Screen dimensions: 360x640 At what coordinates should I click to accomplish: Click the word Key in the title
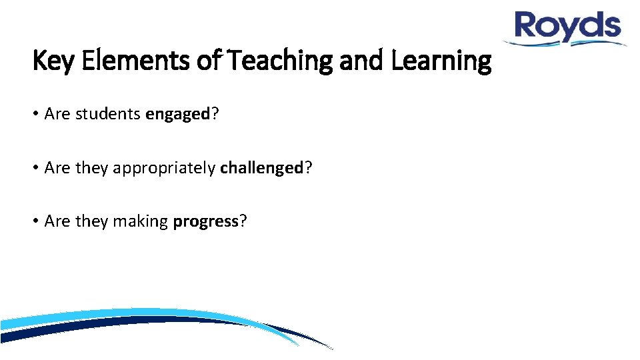pyautogui.click(x=48, y=61)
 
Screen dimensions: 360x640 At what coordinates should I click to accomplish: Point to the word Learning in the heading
pyautogui.click(x=441, y=61)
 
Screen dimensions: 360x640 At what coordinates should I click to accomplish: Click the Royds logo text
pyautogui.click(x=567, y=26)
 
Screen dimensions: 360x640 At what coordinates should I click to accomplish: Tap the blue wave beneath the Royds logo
pyautogui.click(x=567, y=42)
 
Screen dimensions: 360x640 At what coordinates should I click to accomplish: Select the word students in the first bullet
pyautogui.click(x=109, y=114)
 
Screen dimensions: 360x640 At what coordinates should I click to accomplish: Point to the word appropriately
pyautogui.click(x=164, y=168)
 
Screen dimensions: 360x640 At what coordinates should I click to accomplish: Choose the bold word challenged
pyautogui.click(x=262, y=168)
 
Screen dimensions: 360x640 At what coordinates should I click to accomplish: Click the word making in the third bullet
pyautogui.click(x=140, y=221)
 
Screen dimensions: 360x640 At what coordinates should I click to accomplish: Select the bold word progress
pyautogui.click(x=205, y=221)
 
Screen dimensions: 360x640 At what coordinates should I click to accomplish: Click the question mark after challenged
pyautogui.click(x=308, y=168)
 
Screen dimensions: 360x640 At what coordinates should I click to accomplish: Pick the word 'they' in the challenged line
pyautogui.click(x=91, y=168)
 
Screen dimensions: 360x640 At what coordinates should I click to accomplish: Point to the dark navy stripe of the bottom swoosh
pyautogui.click(x=100, y=327)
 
